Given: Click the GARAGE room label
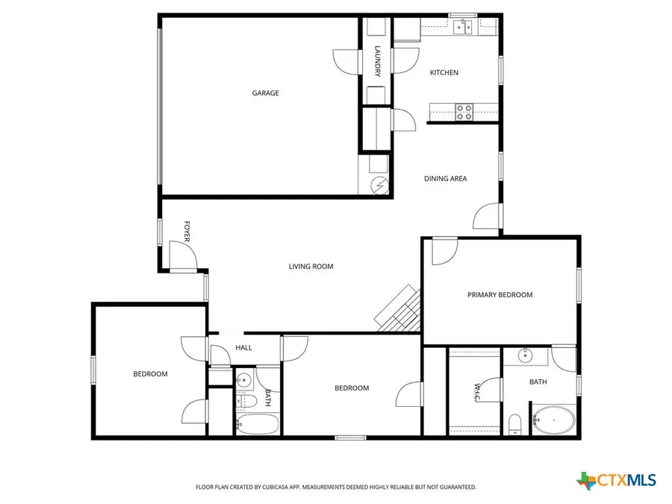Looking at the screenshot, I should [x=265, y=93].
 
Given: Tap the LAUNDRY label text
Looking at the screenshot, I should [x=378, y=61].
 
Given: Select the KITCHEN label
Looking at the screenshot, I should [x=444, y=72].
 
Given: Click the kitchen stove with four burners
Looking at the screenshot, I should [x=464, y=112].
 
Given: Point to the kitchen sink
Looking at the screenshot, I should [x=464, y=28].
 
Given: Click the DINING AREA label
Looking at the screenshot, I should [x=446, y=178].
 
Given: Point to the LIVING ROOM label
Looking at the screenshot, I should [x=311, y=267].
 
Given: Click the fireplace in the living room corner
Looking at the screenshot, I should [x=399, y=310].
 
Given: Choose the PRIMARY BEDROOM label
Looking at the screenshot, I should [x=500, y=295].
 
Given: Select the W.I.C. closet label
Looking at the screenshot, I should [x=475, y=392].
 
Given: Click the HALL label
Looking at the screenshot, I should [x=243, y=348].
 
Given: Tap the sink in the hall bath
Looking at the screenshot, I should [x=242, y=380].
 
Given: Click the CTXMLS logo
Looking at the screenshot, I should [x=617, y=480].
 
